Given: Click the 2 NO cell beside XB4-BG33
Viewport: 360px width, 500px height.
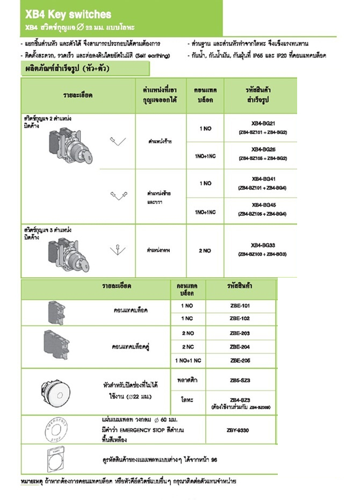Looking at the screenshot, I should tap(205, 250).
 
